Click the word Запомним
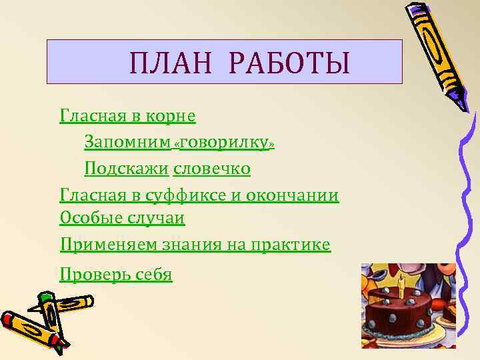click(x=127, y=143)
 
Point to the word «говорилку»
click(x=224, y=143)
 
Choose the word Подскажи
click(x=127, y=169)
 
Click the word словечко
click(x=211, y=169)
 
